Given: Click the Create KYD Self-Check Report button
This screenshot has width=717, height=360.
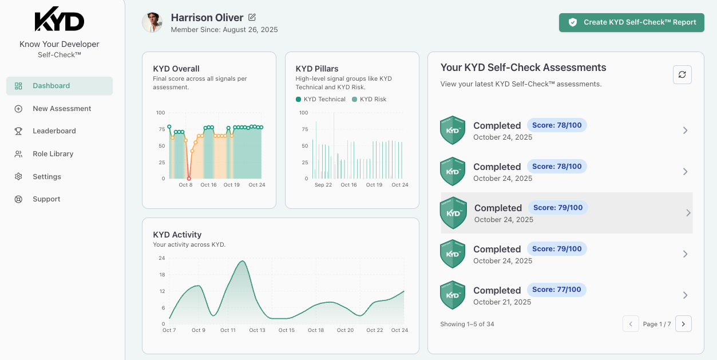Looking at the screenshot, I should pos(631,22).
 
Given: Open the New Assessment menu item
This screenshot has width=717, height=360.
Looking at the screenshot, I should pos(62,109).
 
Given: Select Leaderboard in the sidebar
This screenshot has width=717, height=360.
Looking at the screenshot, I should pos(54,131).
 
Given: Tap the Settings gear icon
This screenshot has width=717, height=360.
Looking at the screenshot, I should pos(18,177).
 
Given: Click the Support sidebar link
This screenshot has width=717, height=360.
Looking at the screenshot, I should pos(46,199).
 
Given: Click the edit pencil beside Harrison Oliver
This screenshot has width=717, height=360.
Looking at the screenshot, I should pos(252,18).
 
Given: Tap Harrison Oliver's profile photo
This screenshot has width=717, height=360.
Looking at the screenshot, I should pos(152,22).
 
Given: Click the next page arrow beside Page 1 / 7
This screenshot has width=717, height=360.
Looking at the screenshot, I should pos(683,324).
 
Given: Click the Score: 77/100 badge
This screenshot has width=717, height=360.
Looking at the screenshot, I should pos(556,290).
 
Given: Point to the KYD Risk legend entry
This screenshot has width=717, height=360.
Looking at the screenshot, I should pos(369,100).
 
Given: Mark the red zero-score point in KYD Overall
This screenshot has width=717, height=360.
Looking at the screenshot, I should pos(189,179).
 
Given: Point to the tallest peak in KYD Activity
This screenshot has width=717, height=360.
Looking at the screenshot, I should pos(243,262).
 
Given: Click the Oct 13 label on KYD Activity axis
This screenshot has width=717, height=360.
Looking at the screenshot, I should pos(257,330).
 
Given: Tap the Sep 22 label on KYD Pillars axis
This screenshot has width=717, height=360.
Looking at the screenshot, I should pos(323,185).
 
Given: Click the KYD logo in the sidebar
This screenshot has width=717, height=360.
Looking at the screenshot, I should pos(60,21).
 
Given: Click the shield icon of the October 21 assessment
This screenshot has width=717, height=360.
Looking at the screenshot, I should pos(452,295).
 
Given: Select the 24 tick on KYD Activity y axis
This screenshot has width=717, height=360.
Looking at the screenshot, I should pos(161,258).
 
